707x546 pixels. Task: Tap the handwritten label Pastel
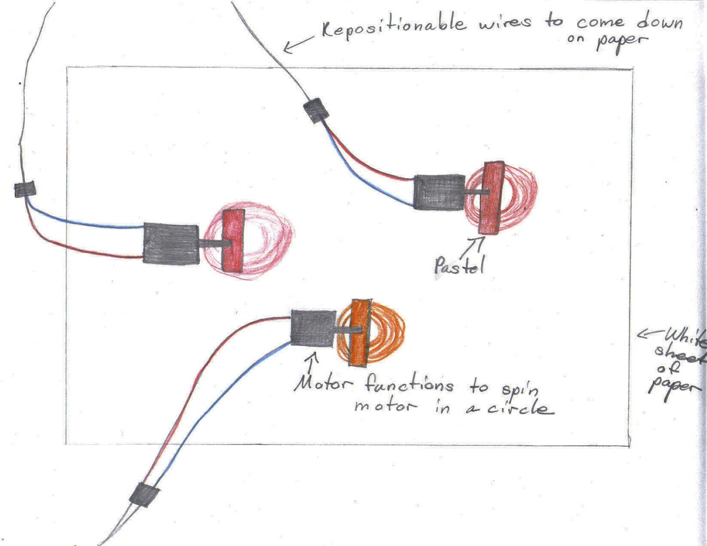pyautogui.click(x=459, y=266)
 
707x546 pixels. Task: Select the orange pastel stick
pyautogui.click(x=359, y=332)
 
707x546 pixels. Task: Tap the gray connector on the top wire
pyautogui.click(x=316, y=110)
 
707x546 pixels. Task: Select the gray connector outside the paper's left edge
pyautogui.click(x=25, y=190)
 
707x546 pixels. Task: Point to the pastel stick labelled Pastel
pyautogui.click(x=491, y=197)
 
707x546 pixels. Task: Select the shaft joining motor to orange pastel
pyautogui.click(x=349, y=330)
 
